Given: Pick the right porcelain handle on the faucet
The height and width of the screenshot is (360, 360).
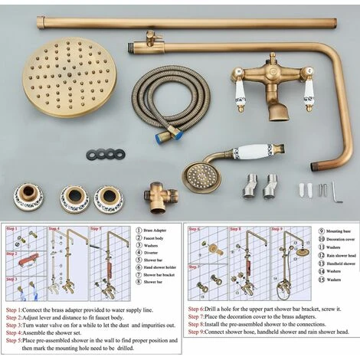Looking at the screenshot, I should pos(309,91).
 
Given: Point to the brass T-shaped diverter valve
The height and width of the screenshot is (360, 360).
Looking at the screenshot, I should pos(161,195).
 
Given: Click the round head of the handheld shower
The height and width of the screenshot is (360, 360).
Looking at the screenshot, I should pos(203,175).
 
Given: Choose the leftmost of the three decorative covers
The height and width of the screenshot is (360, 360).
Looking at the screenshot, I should pos(28,198).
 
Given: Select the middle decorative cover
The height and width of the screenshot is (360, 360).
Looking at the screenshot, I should pos(75,198).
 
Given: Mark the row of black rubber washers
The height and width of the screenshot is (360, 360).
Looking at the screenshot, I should pos(106,154).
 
